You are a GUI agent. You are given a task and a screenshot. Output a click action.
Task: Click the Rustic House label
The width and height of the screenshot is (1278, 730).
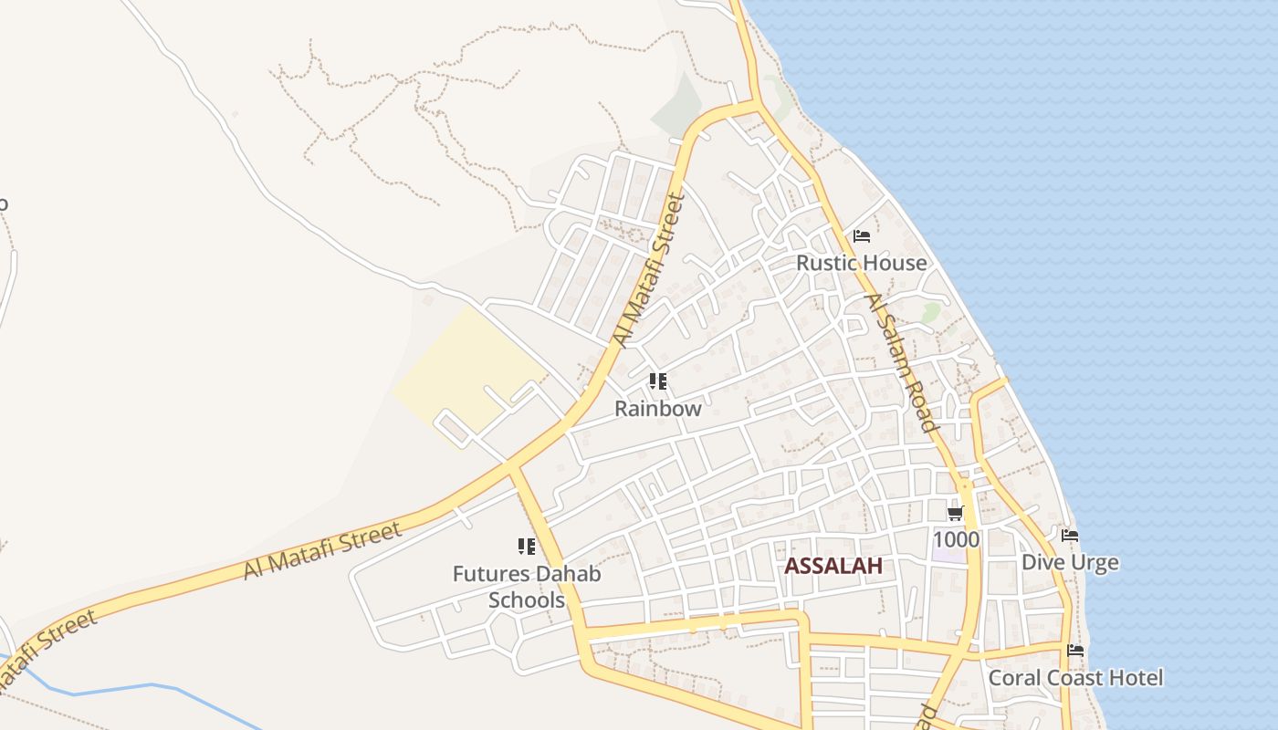tap(861, 263)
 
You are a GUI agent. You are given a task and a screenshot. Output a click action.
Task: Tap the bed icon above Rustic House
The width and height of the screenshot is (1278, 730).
tap(861, 236)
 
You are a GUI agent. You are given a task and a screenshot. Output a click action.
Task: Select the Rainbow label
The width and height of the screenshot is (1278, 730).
tap(657, 408)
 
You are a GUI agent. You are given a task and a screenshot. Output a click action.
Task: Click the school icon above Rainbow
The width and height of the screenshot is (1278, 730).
tap(657, 381)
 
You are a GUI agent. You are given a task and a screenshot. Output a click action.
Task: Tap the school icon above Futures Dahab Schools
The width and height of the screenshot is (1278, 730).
tap(526, 547)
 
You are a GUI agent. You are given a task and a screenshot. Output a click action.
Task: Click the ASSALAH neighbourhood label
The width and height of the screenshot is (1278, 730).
tap(833, 566)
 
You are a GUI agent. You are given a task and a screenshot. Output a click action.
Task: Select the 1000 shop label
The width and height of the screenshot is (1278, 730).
tap(956, 539)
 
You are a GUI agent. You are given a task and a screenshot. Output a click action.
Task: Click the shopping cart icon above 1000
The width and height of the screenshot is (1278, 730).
tap(956, 514)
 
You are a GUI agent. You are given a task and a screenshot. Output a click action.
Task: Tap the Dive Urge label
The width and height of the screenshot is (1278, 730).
tap(1069, 562)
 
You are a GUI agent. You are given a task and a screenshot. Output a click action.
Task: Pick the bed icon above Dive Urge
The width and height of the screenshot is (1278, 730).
tap(1069, 536)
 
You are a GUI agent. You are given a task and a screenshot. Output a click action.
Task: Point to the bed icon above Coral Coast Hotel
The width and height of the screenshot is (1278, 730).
tap(1075, 651)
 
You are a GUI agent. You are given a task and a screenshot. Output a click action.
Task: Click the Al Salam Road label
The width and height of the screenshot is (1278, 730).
tap(901, 363)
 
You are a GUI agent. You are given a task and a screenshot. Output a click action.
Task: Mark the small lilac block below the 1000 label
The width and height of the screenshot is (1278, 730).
tap(947, 555)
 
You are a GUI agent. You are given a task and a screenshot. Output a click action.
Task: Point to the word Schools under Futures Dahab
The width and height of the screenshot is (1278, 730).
tap(526, 600)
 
